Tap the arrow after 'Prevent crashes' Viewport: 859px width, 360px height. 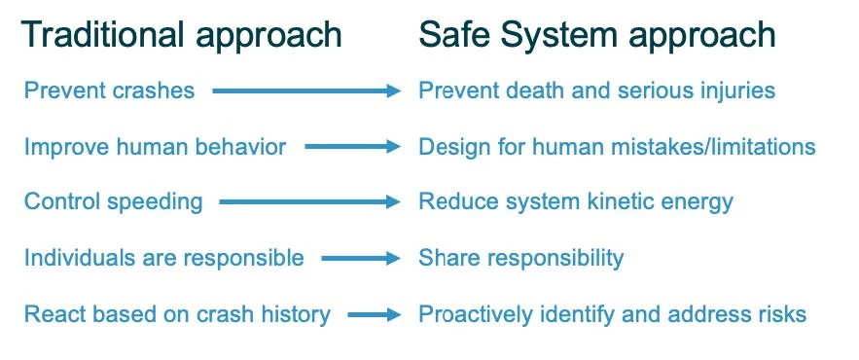[x=306, y=91]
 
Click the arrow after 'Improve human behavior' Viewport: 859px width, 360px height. [x=353, y=147]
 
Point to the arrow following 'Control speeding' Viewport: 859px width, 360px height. [x=310, y=202]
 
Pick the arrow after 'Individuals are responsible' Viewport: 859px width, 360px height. [x=362, y=258]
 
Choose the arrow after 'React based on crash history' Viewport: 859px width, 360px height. [x=375, y=314]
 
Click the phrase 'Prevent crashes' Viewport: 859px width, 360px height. [x=110, y=90]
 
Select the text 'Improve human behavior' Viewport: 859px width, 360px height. [x=155, y=147]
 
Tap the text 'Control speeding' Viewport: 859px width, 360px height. [x=114, y=202]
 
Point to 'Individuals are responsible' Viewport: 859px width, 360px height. [x=163, y=258]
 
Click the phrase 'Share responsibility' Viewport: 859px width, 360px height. [x=521, y=258]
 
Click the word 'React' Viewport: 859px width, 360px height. [x=51, y=314]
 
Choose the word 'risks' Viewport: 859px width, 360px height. [x=785, y=314]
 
